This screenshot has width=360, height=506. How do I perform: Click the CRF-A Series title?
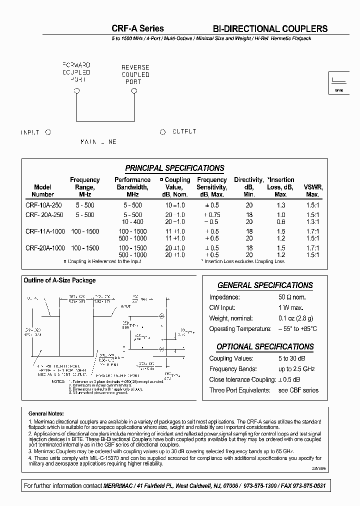point(137,28)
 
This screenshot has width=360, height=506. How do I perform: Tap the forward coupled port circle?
point(76,90)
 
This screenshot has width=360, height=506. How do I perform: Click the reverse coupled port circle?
point(134,90)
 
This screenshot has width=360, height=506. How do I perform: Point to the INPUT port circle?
point(48,132)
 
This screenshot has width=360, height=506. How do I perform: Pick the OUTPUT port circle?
point(162,132)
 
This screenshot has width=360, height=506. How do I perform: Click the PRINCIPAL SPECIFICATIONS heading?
point(174,168)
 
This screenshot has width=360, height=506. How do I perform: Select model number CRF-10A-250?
point(44,205)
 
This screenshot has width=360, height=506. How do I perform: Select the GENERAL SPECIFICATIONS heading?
point(265,285)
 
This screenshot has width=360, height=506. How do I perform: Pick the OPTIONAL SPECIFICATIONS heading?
point(265,346)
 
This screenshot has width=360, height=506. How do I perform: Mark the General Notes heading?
point(46,414)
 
